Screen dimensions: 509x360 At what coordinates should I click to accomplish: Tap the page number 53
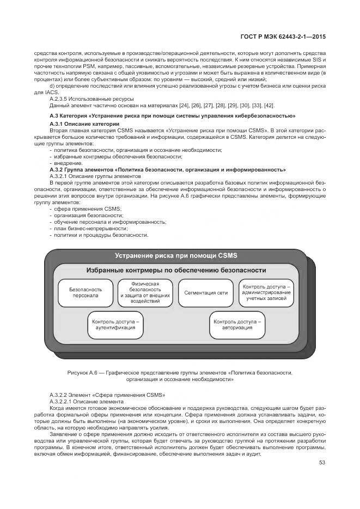pos(322,463)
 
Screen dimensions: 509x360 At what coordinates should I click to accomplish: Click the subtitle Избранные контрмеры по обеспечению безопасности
pos(176,270)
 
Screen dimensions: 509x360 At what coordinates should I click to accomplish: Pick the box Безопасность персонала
pos(86,292)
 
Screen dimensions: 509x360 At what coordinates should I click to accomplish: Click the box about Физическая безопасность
pos(144,292)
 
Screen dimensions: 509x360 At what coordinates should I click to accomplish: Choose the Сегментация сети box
pos(205,292)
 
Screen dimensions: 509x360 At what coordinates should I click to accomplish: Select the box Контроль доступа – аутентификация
pos(115,325)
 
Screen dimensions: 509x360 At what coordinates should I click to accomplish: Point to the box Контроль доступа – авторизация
pos(237,325)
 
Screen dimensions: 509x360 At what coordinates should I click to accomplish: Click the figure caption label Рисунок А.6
pos(81,372)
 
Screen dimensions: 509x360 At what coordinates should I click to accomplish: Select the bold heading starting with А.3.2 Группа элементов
pos(167,170)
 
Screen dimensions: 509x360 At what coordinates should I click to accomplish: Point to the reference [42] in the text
pos(269,105)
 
